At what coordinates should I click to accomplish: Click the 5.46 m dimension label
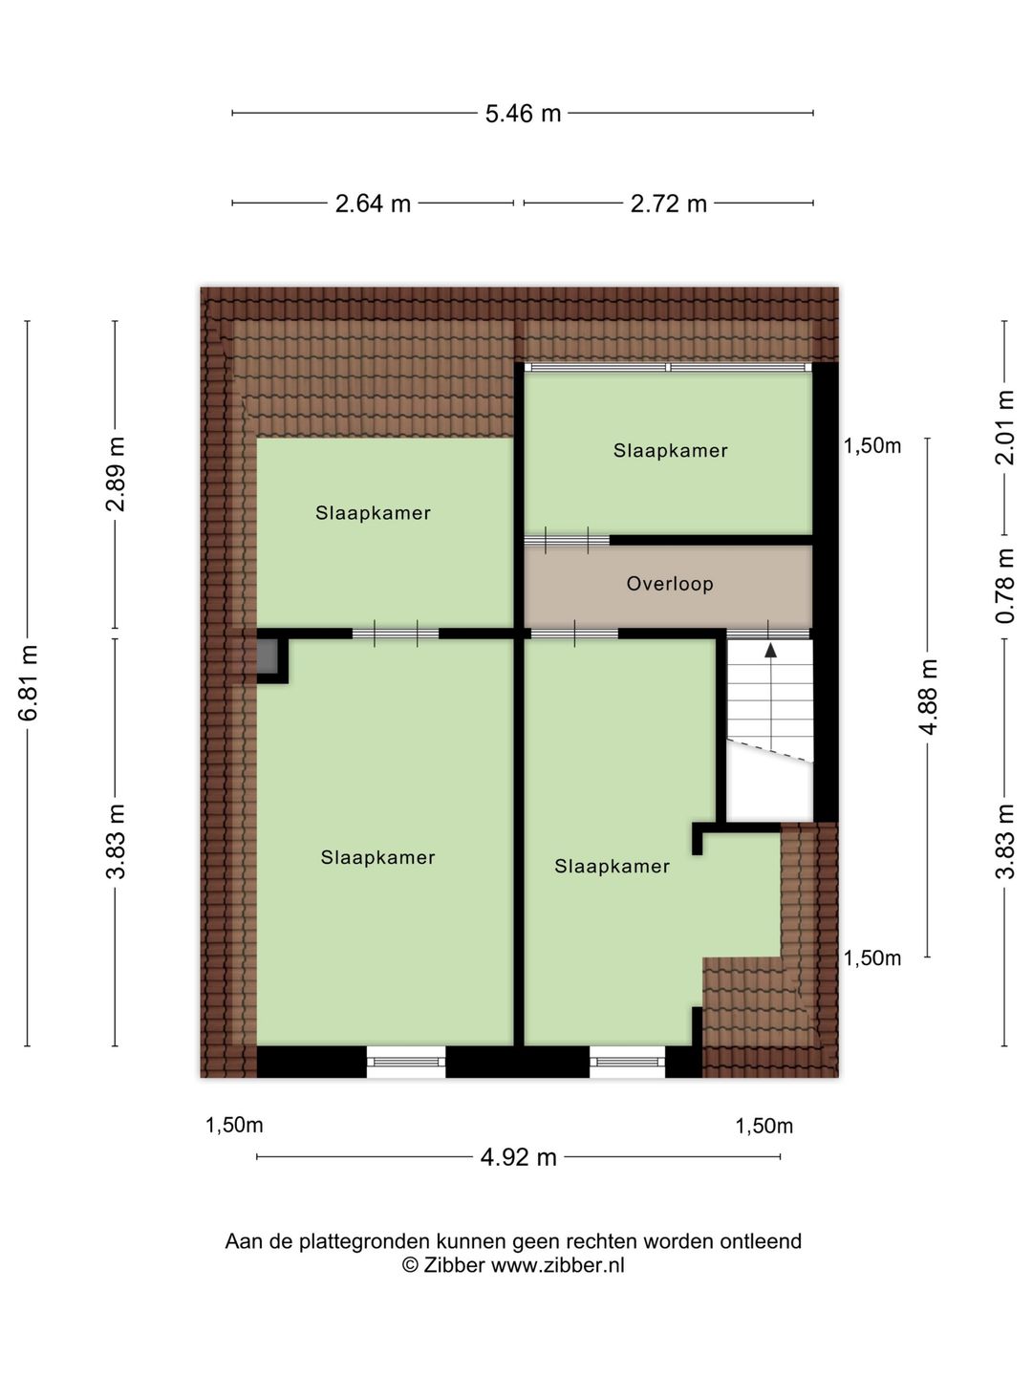tap(523, 114)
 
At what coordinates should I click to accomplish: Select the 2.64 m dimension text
tap(373, 204)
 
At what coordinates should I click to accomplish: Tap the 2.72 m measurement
tap(669, 204)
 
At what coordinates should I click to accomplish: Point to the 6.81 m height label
tap(29, 682)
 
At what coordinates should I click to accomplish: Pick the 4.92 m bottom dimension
tap(518, 1157)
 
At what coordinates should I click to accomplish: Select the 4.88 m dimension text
tap(927, 696)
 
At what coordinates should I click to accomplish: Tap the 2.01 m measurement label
tap(1004, 426)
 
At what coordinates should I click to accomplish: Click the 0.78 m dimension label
tap(1004, 586)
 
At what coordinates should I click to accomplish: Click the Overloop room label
tap(670, 584)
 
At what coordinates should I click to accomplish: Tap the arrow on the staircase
tap(770, 651)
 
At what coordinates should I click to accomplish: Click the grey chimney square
tap(267, 657)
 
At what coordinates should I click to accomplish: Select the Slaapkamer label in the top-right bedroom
tap(670, 451)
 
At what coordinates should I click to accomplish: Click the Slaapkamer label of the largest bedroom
tap(377, 858)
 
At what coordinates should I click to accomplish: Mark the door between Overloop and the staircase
tap(768, 633)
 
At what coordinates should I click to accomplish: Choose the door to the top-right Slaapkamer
tap(567, 540)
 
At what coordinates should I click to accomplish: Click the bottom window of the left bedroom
tap(406, 1061)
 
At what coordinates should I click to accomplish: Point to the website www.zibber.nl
tap(557, 1265)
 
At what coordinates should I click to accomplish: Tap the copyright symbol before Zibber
tap(410, 1265)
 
